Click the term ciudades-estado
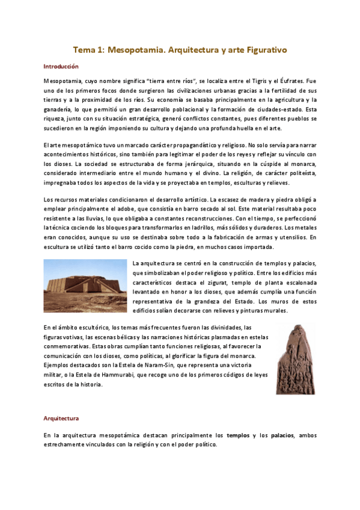click(278, 109)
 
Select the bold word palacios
click(282, 435)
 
